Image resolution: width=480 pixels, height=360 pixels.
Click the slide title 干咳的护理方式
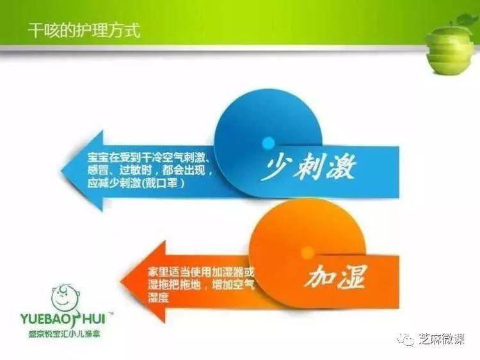tap(84, 30)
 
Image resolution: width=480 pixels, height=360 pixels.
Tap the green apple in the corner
tap(452, 50)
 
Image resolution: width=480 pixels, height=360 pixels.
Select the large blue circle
tap(268, 142)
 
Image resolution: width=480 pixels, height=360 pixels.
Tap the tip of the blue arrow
tap(61, 170)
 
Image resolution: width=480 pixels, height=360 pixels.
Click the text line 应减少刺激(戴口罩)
tap(136, 184)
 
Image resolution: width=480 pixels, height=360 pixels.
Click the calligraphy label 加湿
tap(336, 277)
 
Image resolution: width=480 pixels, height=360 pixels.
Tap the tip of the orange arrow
tap(121, 281)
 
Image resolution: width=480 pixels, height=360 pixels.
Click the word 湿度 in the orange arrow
tap(159, 298)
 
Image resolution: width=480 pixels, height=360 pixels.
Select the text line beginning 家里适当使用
tap(201, 272)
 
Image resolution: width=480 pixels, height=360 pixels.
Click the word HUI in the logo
tap(94, 318)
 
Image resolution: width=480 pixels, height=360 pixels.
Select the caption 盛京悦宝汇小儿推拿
tap(65, 334)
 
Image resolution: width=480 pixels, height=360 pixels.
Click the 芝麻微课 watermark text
tap(442, 339)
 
